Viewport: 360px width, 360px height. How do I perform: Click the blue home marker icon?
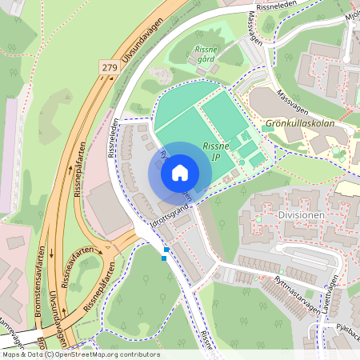(x=180, y=172)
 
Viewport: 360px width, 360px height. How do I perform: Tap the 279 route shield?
(x=110, y=69)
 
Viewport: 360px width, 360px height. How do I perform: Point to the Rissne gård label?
(x=206, y=54)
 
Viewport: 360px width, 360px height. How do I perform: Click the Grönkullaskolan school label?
(x=298, y=124)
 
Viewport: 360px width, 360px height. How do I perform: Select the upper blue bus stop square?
(x=166, y=250)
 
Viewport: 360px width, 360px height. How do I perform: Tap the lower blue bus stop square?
(x=164, y=258)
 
